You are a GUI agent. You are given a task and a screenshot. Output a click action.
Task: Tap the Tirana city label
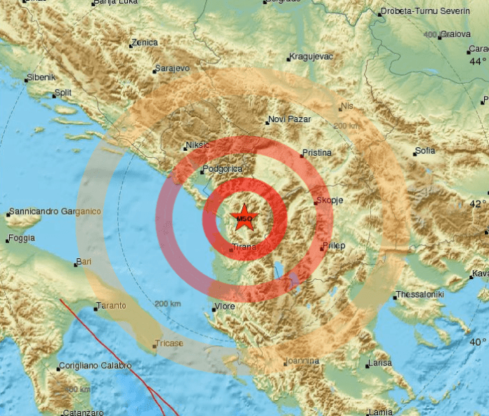244,248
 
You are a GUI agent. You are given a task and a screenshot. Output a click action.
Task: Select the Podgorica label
223,169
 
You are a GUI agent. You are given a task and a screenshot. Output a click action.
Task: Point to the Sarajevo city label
172,69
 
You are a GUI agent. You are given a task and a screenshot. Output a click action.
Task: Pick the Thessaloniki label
421,295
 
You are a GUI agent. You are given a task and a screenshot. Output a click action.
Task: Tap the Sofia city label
425,151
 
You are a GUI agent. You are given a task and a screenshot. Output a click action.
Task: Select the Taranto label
112,306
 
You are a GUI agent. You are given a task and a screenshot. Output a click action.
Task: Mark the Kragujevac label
311,57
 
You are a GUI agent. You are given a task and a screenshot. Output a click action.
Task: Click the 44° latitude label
478,62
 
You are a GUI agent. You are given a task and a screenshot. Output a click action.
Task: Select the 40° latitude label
478,342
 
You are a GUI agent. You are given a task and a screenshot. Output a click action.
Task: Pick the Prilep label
334,246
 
